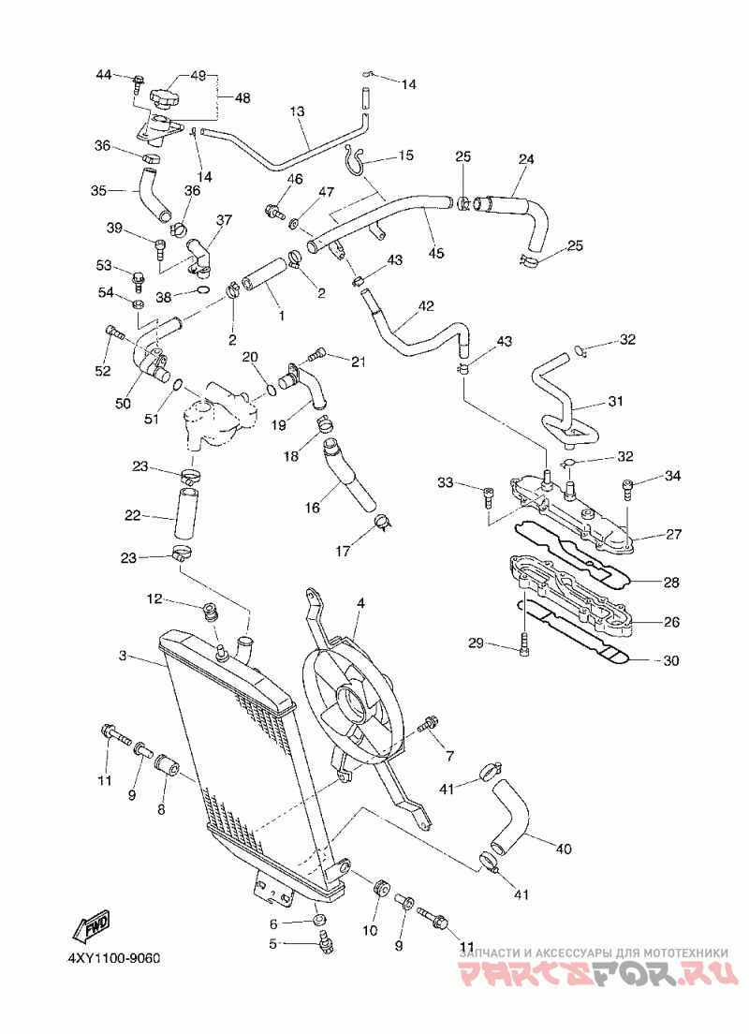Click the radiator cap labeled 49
tap(164, 101)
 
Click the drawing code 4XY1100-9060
tap(113, 957)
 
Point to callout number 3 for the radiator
tap(123, 656)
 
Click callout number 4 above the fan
tap(360, 603)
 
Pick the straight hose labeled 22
tap(185, 513)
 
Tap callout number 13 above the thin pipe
tap(298, 111)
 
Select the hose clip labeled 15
tap(356, 160)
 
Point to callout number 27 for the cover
tap(673, 535)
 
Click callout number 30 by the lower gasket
tap(670, 660)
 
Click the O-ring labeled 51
tap(177, 386)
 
